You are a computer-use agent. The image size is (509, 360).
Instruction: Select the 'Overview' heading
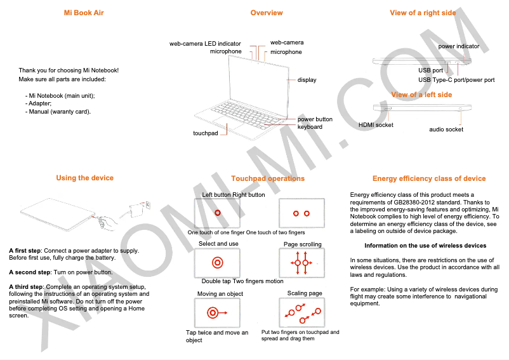click(267, 13)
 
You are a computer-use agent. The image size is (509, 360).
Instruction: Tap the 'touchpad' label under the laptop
click(205, 133)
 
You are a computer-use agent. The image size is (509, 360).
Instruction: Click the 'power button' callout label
click(315, 119)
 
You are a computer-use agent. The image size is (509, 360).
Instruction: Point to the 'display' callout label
click(307, 80)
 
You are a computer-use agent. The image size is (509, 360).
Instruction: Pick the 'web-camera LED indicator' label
click(205, 44)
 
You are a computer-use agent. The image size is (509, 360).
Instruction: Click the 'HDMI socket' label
click(376, 125)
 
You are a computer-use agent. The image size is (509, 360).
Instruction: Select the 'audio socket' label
click(446, 130)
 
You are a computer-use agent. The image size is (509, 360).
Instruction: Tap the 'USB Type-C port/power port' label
click(456, 80)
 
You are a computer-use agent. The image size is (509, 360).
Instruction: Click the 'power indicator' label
click(459, 46)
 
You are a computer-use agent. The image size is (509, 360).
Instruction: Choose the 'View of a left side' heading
click(421, 95)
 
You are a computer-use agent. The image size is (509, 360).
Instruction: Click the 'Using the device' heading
click(84, 178)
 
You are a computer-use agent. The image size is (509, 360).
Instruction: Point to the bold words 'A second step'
click(30, 272)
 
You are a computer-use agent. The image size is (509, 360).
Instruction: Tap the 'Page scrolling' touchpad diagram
click(303, 262)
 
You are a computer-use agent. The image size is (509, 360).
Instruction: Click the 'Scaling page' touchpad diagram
click(303, 313)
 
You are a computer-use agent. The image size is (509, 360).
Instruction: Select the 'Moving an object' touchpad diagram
click(218, 312)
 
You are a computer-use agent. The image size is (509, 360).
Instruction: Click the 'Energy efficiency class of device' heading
click(429, 178)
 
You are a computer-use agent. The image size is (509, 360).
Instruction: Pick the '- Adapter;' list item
click(39, 103)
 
